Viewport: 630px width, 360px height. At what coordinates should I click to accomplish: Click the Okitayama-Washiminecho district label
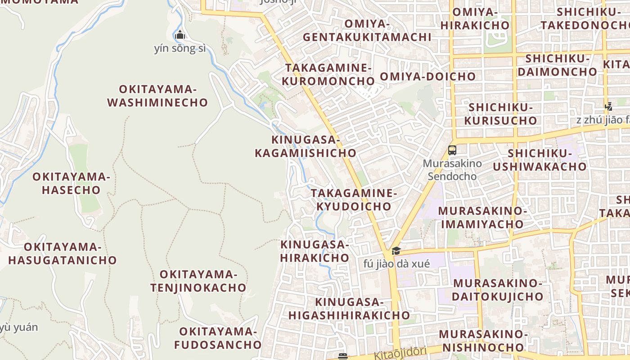click(157, 96)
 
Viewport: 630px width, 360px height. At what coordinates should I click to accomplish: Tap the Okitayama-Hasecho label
click(71, 183)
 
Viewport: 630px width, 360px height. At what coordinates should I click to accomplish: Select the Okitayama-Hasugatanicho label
click(63, 253)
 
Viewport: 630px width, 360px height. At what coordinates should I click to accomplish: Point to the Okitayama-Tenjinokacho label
click(198, 281)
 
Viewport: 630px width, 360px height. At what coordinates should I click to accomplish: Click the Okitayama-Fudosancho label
click(218, 338)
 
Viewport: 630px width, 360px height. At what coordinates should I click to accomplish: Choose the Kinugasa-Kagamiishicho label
click(306, 146)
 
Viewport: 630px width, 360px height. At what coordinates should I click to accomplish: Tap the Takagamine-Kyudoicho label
click(354, 200)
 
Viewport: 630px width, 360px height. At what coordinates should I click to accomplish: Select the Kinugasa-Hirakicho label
click(315, 251)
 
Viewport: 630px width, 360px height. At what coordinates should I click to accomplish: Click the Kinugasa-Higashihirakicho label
click(349, 309)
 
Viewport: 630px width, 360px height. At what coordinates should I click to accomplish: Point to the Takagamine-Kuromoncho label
click(328, 75)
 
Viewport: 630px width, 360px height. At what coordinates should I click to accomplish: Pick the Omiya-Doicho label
click(427, 76)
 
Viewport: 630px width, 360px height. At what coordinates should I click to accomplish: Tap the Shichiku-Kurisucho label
click(501, 114)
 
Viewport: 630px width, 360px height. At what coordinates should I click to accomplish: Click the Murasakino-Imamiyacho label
click(482, 217)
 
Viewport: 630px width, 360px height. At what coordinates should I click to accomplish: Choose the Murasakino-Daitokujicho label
click(498, 290)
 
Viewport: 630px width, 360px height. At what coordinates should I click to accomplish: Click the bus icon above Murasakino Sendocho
click(452, 150)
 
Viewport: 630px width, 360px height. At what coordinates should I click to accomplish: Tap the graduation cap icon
click(396, 251)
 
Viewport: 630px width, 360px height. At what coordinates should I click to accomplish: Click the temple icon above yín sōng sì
click(180, 35)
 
